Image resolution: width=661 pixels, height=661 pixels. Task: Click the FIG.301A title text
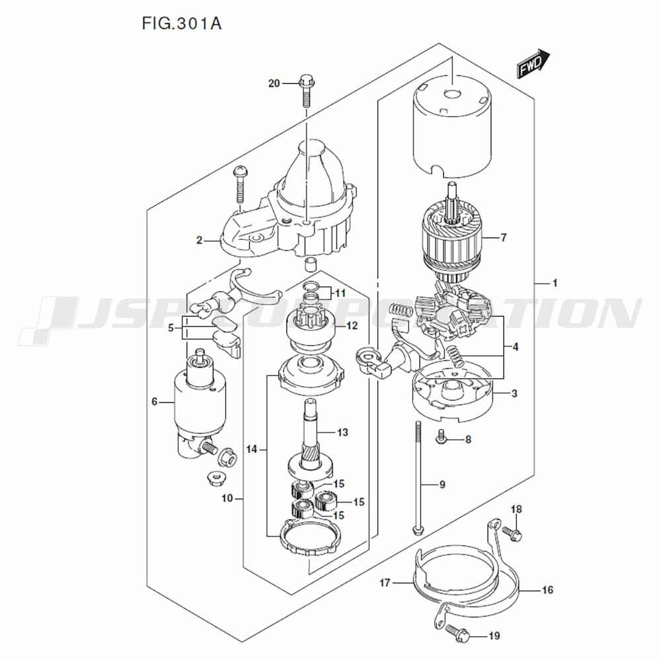click(x=182, y=24)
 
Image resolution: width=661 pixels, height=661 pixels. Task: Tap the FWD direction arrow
click(x=533, y=63)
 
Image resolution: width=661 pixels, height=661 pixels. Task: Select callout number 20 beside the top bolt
click(x=274, y=83)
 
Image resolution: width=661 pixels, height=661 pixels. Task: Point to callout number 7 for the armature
click(x=503, y=238)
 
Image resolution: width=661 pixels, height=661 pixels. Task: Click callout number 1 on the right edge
click(x=555, y=283)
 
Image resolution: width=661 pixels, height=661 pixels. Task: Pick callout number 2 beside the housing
click(x=200, y=241)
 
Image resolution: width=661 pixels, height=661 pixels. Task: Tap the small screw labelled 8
click(x=441, y=436)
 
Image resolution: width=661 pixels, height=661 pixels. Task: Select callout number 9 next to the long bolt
click(x=442, y=485)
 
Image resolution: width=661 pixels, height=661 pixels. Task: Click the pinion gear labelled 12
click(x=310, y=324)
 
